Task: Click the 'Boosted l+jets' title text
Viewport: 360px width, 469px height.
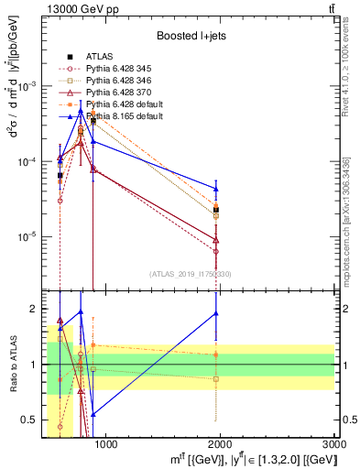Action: click(191, 36)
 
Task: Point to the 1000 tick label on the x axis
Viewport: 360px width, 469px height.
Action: click(106, 446)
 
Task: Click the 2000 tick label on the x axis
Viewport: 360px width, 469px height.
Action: click(220, 446)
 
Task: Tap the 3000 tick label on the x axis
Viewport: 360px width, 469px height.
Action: click(333, 446)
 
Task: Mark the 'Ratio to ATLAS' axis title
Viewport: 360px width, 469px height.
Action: click(13, 365)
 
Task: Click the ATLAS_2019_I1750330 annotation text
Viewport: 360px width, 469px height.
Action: click(191, 274)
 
